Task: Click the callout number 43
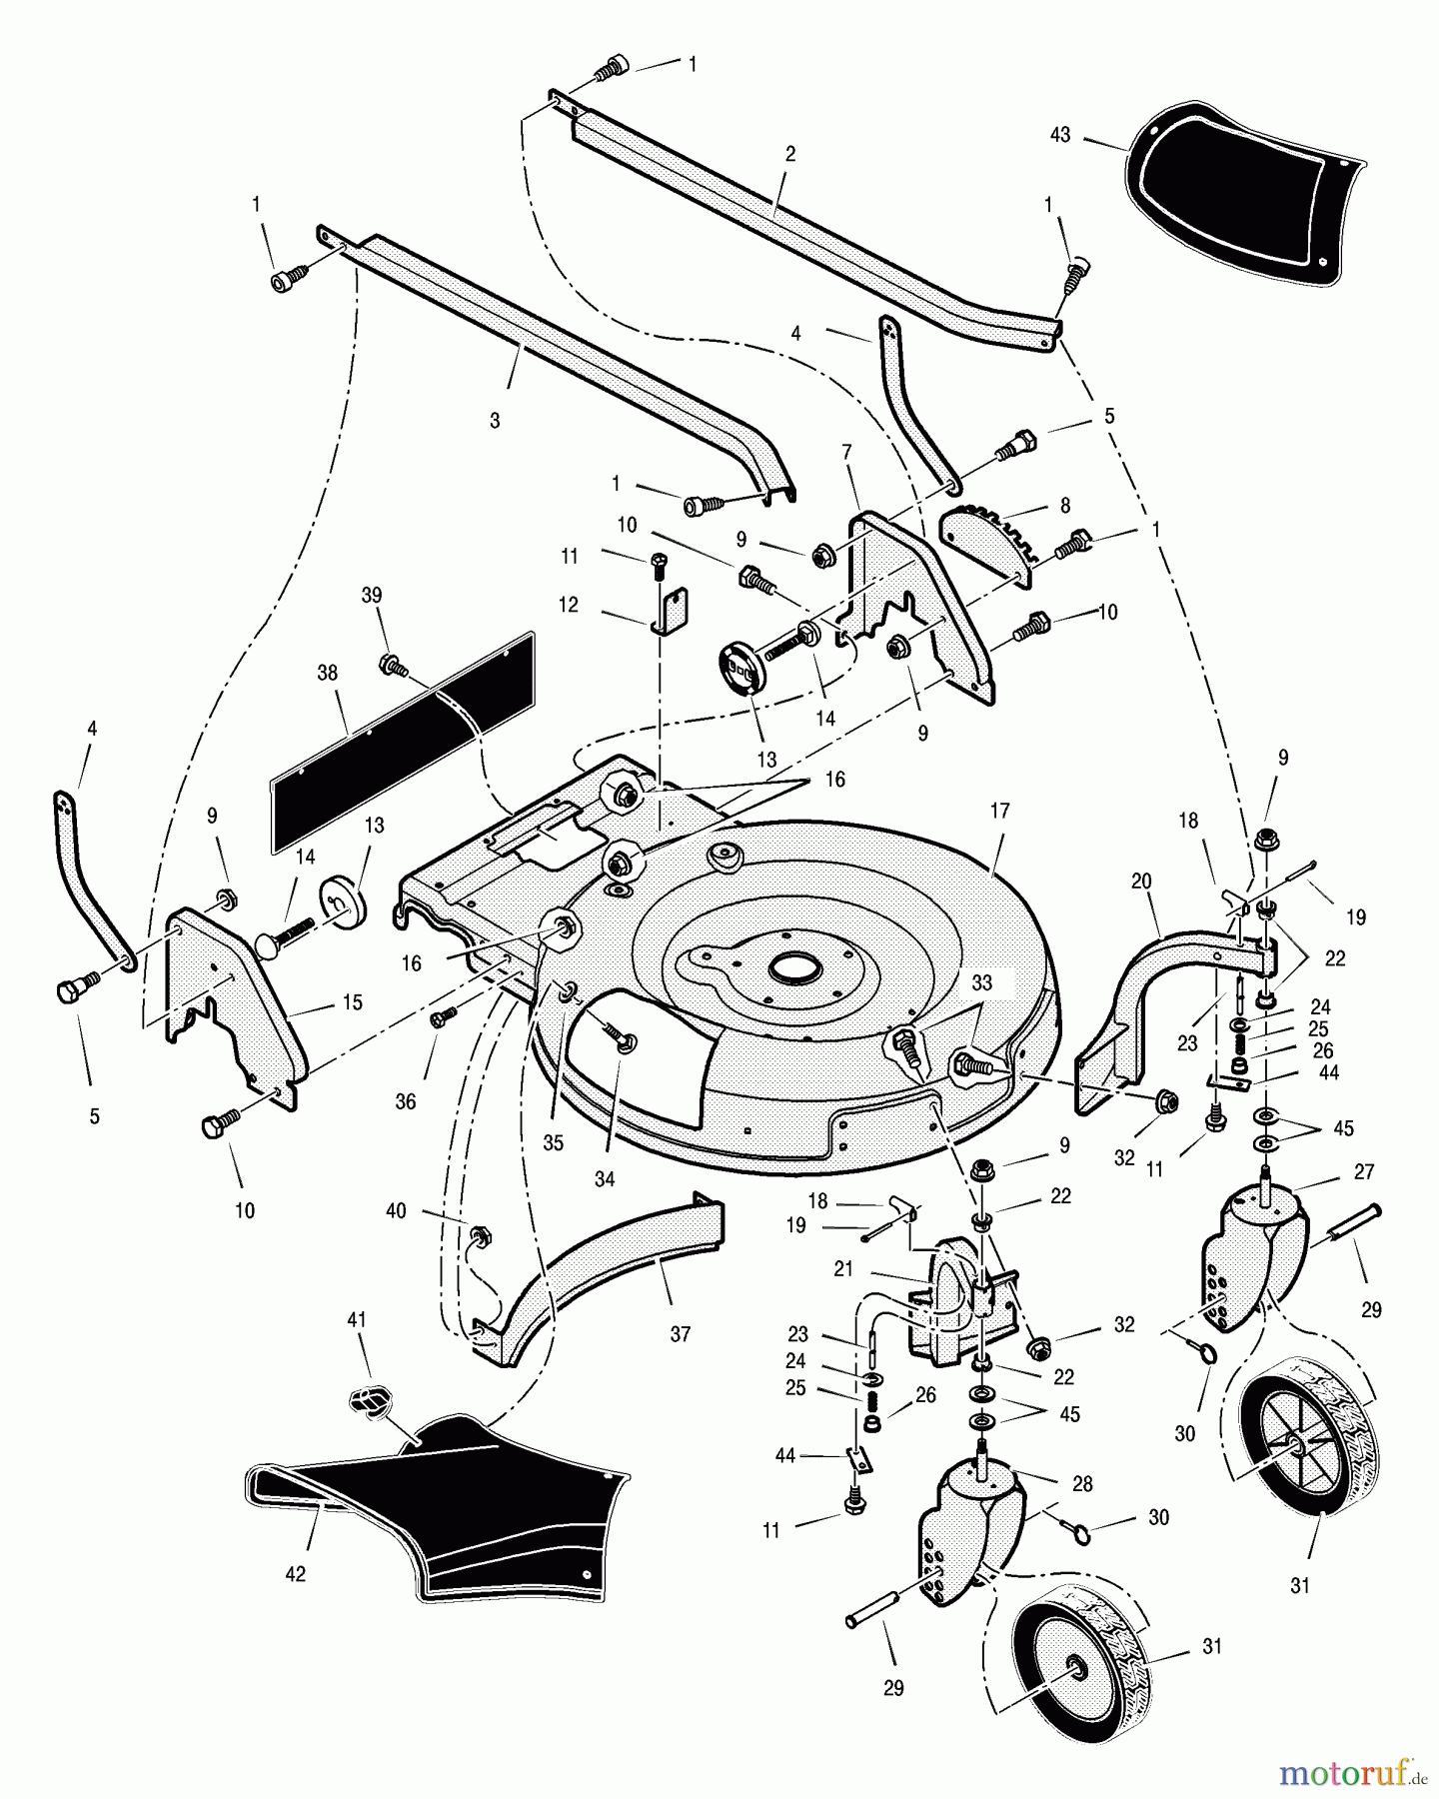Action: (x=1060, y=134)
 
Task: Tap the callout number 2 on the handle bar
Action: (x=790, y=154)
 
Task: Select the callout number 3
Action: (x=495, y=421)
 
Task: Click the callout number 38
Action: (x=328, y=674)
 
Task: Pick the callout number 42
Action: (x=295, y=1574)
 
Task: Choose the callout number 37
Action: (x=681, y=1334)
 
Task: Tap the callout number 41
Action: (x=356, y=1320)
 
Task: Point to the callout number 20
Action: (x=1141, y=882)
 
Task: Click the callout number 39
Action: (x=371, y=596)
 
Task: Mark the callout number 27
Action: (x=1364, y=1172)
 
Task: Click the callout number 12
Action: (x=569, y=606)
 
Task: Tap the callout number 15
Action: (x=352, y=1002)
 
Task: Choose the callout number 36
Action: (x=405, y=1101)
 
